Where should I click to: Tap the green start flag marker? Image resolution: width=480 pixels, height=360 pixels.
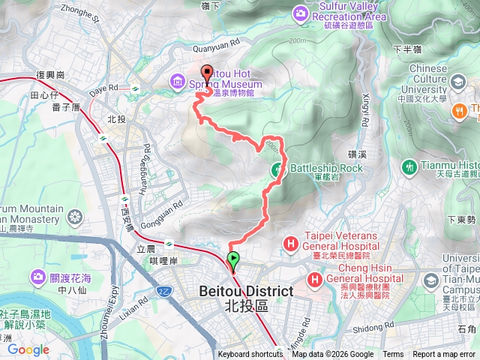pyautogui.click(x=233, y=262)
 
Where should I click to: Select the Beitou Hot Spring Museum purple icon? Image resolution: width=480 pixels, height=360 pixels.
pyautogui.click(x=178, y=79)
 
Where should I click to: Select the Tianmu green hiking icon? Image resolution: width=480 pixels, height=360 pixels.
pyautogui.click(x=409, y=166)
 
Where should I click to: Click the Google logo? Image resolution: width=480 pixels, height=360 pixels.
pyautogui.click(x=28, y=349)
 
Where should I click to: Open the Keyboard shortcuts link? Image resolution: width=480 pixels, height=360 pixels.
pyautogui.click(x=250, y=355)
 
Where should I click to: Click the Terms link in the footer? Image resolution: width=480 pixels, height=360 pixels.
pyautogui.click(x=393, y=355)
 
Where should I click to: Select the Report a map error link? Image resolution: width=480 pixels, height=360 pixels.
pyautogui.click(x=445, y=355)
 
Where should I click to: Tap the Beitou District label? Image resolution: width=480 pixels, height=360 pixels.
pyautogui.click(x=235, y=291)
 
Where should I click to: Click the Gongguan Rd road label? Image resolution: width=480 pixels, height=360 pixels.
pyautogui.click(x=165, y=208)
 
